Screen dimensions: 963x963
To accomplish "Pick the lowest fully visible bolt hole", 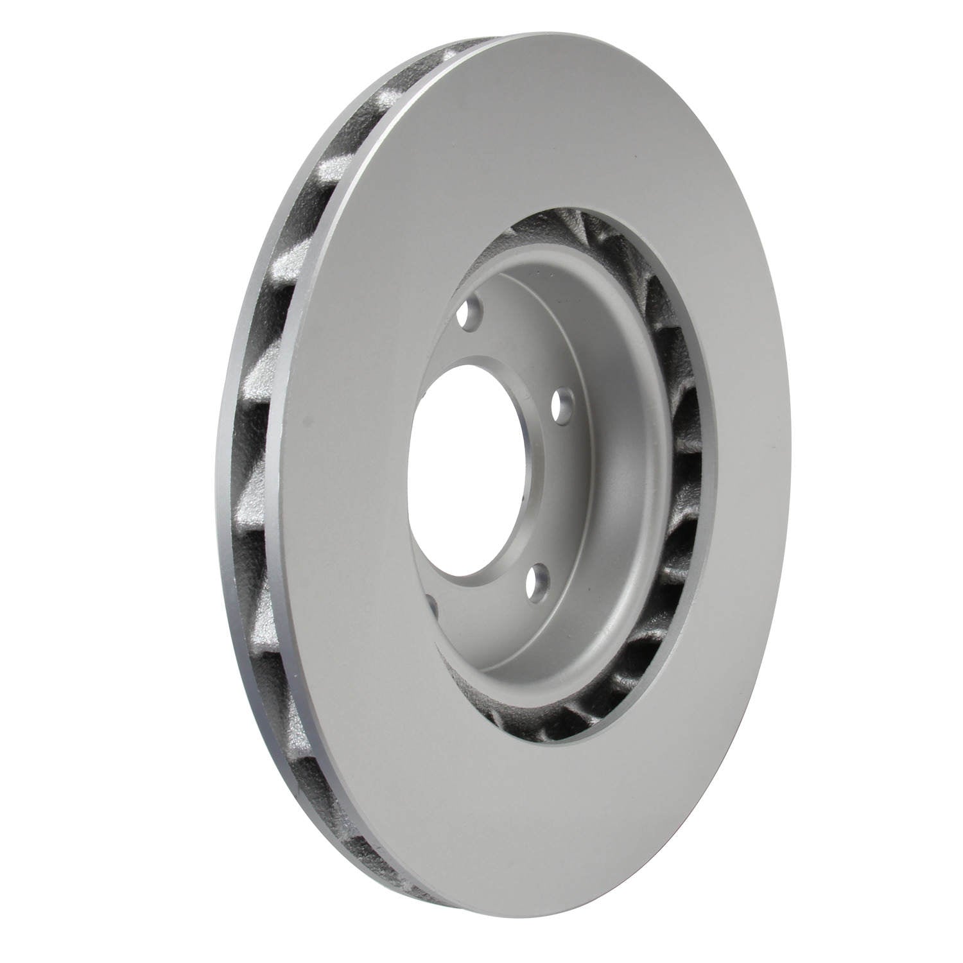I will [x=535, y=580].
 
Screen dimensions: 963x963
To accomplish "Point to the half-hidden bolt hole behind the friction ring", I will [x=431, y=607].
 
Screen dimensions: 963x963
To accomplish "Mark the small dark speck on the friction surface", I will [x=309, y=424].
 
